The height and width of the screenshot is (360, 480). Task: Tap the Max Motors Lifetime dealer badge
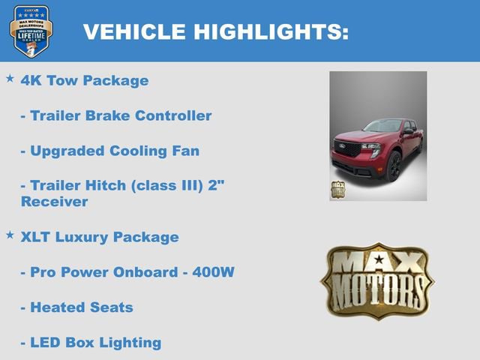click(31, 31)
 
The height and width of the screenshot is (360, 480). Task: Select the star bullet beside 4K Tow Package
click(10, 78)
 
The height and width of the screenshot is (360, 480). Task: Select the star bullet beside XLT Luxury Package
click(10, 235)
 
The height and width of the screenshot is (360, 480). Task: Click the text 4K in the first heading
click(31, 80)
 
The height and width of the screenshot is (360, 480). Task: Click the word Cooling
click(142, 151)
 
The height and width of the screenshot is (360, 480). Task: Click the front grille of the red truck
click(348, 148)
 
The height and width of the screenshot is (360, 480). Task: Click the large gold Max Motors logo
click(377, 280)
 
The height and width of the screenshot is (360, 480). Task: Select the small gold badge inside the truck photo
click(339, 189)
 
